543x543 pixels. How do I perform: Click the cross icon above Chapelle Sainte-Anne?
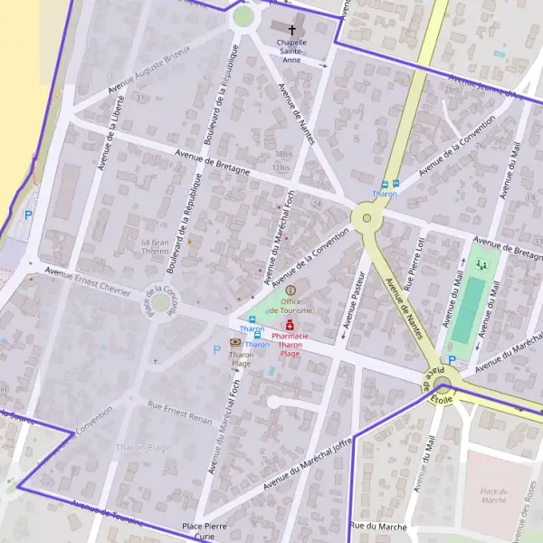291,28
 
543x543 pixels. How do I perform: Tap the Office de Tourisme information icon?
291,291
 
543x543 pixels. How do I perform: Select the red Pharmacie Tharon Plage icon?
291,324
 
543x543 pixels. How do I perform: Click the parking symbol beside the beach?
29,215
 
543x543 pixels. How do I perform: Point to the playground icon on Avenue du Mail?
481,264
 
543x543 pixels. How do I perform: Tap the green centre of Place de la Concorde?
162,302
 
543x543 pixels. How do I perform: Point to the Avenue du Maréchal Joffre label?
308,462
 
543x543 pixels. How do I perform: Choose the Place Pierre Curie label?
205,530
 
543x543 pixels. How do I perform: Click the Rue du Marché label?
379,526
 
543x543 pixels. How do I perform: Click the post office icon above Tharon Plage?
236,342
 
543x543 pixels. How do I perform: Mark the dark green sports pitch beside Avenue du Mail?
468,310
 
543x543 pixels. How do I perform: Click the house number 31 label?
139,96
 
